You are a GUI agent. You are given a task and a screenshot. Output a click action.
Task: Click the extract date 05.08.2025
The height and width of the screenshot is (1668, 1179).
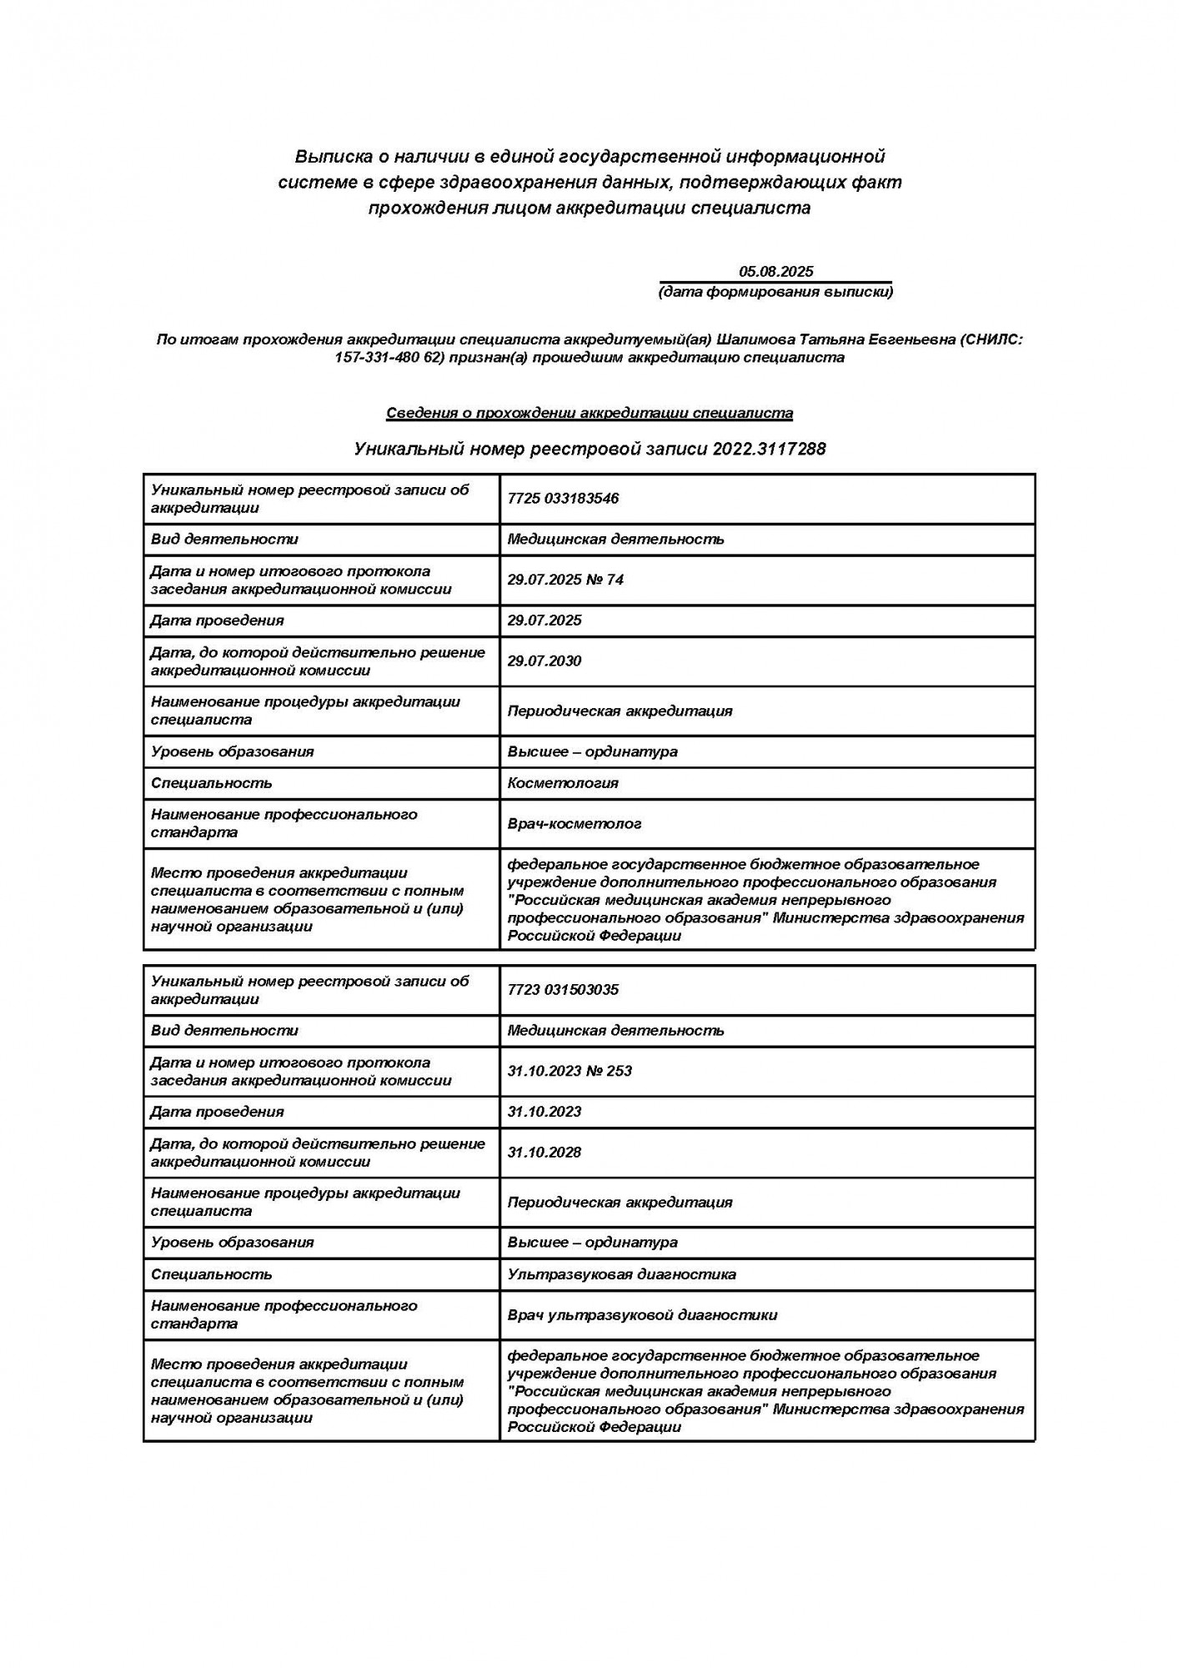775,271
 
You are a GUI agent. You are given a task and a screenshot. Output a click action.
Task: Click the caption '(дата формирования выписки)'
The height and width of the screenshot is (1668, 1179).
775,292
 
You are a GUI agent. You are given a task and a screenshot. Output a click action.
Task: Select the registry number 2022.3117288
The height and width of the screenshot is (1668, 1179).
769,449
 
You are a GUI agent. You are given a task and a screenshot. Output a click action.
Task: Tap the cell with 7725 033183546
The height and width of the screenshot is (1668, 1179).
563,499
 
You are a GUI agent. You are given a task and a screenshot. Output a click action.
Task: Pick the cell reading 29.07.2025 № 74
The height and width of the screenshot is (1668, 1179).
565,580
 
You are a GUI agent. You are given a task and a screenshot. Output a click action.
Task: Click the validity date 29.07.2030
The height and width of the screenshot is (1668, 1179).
544,661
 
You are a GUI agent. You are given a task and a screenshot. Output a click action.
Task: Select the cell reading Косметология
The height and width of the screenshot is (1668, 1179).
563,783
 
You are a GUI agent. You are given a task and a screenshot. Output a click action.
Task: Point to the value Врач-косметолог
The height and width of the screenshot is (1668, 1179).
574,824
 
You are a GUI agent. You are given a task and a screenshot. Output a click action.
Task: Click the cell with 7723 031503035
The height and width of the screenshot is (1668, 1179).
563,990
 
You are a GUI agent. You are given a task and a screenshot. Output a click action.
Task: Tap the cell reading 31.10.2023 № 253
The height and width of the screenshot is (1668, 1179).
569,1071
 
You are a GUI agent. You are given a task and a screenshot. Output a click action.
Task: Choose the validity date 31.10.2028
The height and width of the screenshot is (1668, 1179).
544,1153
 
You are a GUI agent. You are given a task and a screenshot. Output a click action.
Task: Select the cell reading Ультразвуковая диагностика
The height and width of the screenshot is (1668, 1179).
621,1274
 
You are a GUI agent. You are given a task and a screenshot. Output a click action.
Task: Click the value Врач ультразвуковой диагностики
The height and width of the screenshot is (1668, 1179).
642,1315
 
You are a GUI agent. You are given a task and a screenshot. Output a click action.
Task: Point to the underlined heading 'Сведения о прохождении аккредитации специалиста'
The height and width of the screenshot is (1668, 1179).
589,413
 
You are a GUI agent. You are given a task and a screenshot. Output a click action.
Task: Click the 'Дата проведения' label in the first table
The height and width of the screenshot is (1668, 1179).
217,620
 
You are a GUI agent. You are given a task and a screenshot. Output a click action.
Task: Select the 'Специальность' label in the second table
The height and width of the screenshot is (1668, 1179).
211,1274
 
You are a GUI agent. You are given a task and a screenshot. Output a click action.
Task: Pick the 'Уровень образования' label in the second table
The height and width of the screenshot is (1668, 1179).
232,1243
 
